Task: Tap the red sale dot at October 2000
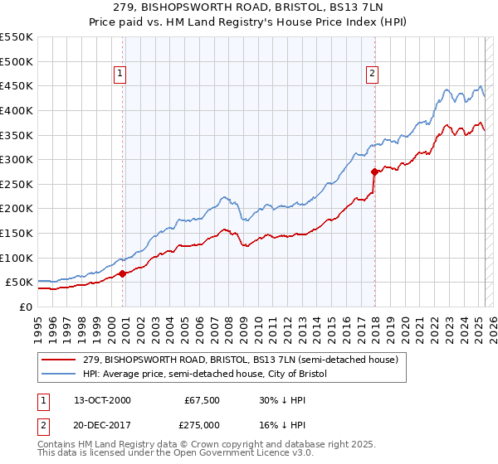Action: click(123, 273)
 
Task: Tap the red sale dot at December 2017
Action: click(374, 172)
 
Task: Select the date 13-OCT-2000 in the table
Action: click(102, 400)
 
